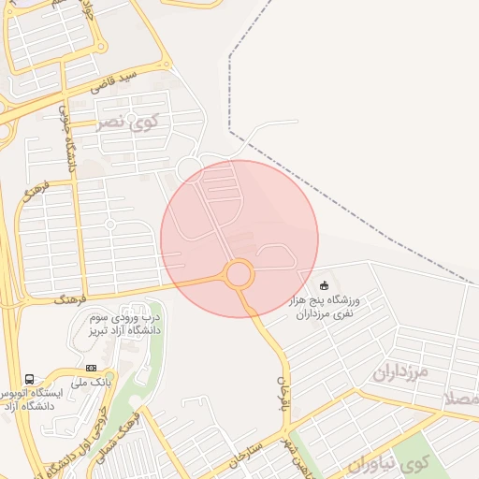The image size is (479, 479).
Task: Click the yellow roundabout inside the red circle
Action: (239, 275)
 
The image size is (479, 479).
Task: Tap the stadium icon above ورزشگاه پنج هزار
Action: (325, 285)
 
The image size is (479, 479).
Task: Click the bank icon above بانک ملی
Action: (91, 368)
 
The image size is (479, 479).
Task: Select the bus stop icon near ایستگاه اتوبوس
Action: (30, 380)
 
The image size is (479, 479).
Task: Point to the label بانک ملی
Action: (94, 383)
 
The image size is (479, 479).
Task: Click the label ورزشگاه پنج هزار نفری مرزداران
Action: (327, 307)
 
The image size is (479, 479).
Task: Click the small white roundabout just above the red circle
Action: (190, 167)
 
